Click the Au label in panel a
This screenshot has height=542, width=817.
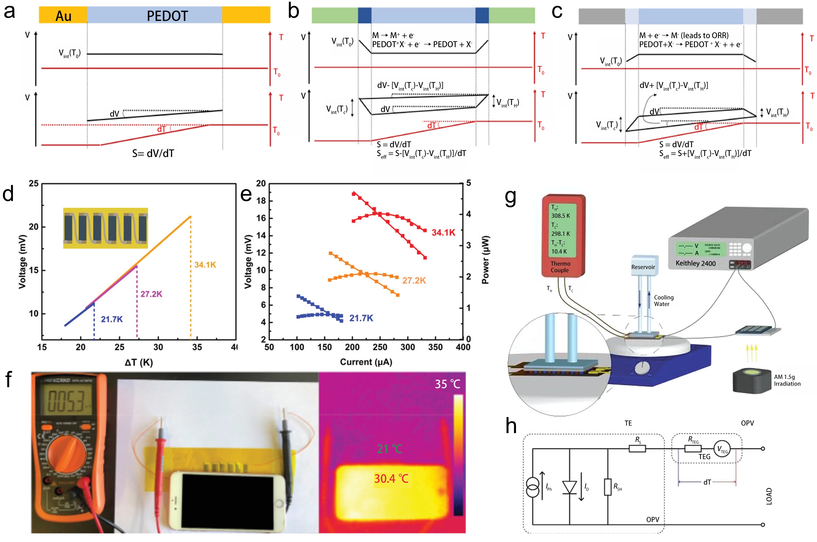[x=64, y=16]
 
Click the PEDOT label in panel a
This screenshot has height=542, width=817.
[x=167, y=16]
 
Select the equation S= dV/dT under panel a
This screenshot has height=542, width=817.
[x=153, y=153]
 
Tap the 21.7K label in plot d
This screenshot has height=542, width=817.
[x=112, y=319]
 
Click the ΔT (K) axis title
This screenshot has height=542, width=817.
[x=138, y=362]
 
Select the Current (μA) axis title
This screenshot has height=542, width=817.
[x=366, y=362]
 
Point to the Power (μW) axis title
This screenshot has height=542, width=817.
[x=486, y=260]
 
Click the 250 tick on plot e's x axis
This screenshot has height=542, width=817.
[x=380, y=347]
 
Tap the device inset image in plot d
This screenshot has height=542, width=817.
[x=105, y=228]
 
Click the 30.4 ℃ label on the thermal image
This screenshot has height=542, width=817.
[x=391, y=479]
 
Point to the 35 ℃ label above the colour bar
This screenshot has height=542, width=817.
[x=447, y=384]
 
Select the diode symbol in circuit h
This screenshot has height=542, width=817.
[x=569, y=487]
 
